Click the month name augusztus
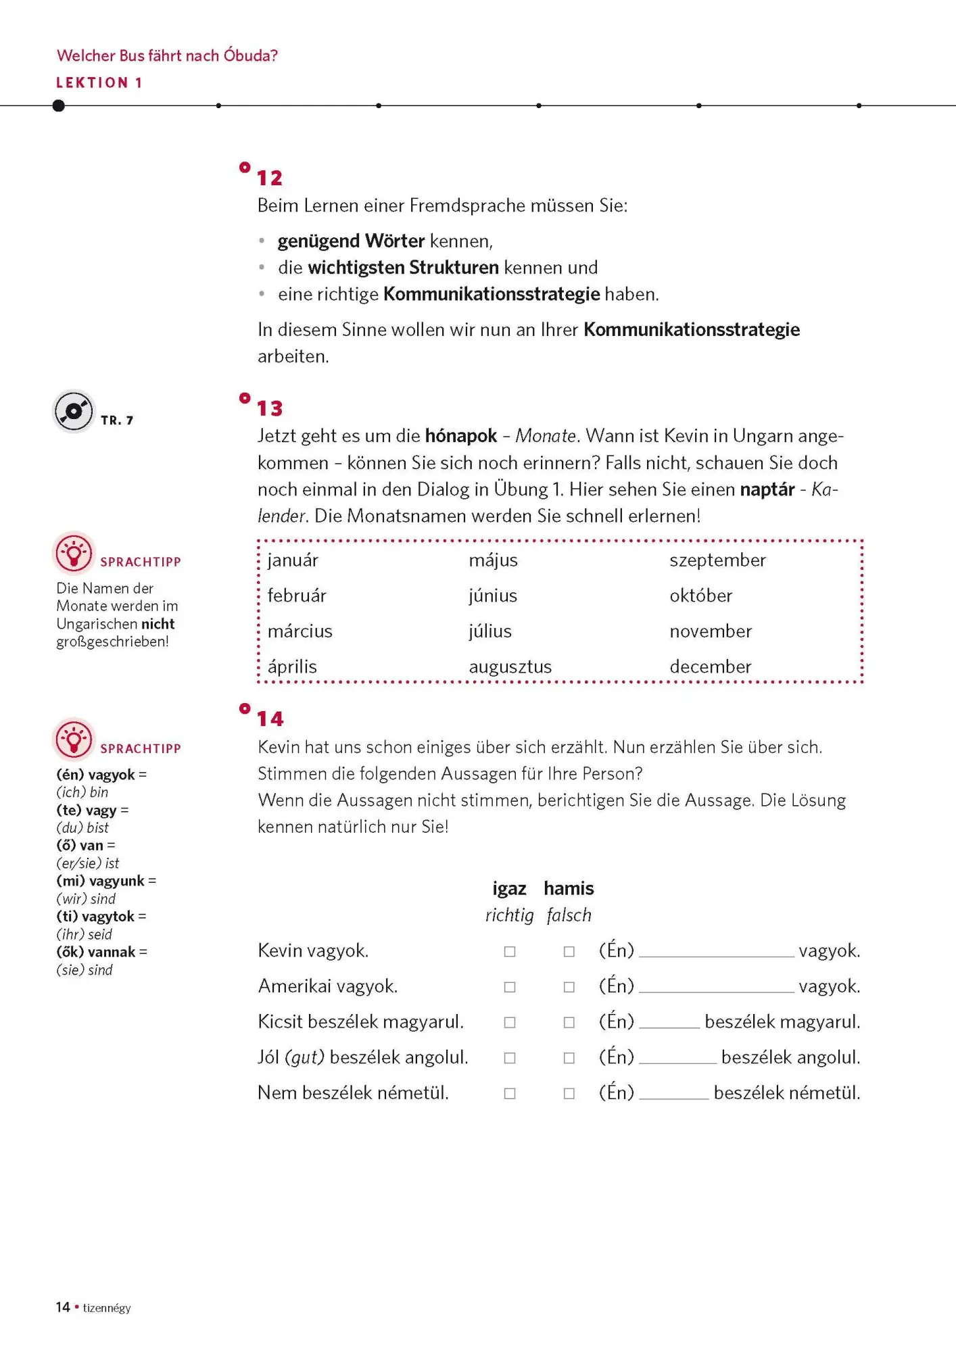(510, 667)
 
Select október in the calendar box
(700, 596)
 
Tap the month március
(300, 631)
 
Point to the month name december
(710, 667)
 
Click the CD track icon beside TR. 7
(74, 411)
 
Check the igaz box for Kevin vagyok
(510, 952)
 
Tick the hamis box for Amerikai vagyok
(569, 987)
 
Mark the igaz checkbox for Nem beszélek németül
(510, 1094)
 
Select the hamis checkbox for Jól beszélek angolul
(569, 1058)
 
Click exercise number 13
(270, 408)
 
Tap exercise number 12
(270, 178)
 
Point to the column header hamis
(569, 888)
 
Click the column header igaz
(509, 888)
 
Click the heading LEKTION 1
(99, 82)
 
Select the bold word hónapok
(460, 436)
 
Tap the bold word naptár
(767, 489)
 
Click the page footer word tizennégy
(107, 1308)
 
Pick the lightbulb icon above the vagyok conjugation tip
(74, 740)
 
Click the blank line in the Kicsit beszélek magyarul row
(669, 1025)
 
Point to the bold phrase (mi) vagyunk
(100, 881)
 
